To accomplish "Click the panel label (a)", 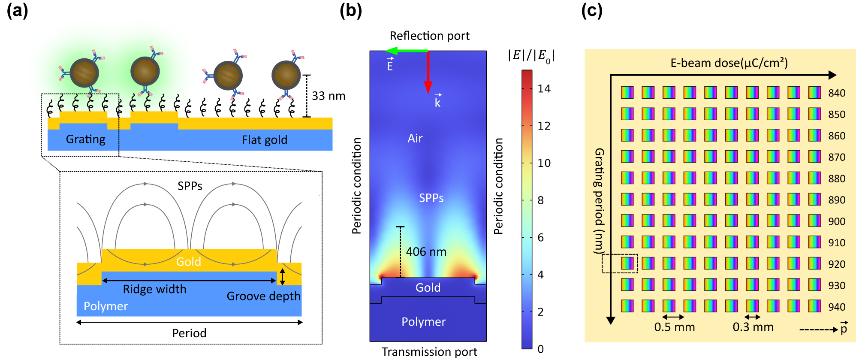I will point(17,10).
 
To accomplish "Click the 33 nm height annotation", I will point(328,96).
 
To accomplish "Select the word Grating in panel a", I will point(85,139).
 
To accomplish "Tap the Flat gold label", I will point(264,140).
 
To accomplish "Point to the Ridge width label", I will point(154,289).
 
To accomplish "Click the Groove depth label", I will point(263,296).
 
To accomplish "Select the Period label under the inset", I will point(189,333).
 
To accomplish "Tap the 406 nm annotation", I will point(426,252).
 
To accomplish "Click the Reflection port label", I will point(429,36).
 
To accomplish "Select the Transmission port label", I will point(429,352).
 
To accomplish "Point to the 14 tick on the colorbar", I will point(544,89).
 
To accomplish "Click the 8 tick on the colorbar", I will point(540,200).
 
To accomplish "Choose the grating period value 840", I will point(837,93).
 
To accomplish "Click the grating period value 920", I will point(837,264).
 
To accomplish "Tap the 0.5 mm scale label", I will point(674,327).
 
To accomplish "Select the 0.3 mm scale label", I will point(753,327).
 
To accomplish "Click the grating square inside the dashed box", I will point(627,263).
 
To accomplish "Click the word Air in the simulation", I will point(415,138).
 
